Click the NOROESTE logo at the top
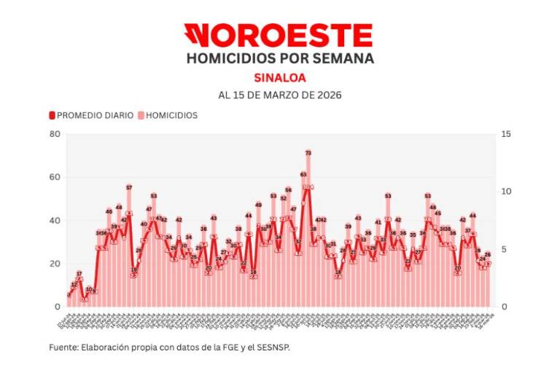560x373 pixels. click(x=279, y=35)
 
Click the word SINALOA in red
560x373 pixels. click(x=280, y=77)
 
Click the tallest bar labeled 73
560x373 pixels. click(x=308, y=233)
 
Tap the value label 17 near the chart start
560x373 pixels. click(x=79, y=274)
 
